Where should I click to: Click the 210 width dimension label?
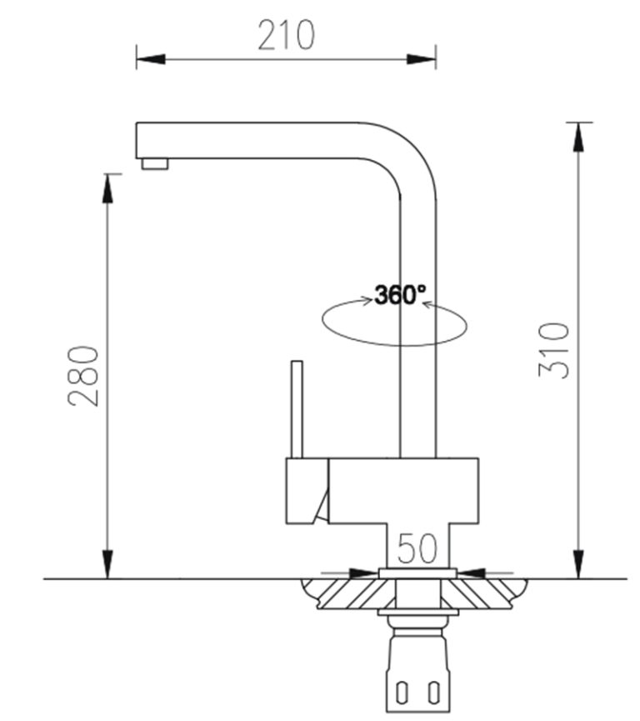[286, 35]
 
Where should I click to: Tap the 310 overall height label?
[554, 350]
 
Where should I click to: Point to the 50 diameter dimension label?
[417, 548]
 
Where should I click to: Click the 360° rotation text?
[400, 295]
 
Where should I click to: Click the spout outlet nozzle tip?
[154, 163]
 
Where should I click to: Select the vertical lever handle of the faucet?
[296, 408]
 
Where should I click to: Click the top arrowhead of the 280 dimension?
[107, 188]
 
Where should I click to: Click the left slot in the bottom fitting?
[401, 693]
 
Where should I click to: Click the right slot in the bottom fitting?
[432, 693]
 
